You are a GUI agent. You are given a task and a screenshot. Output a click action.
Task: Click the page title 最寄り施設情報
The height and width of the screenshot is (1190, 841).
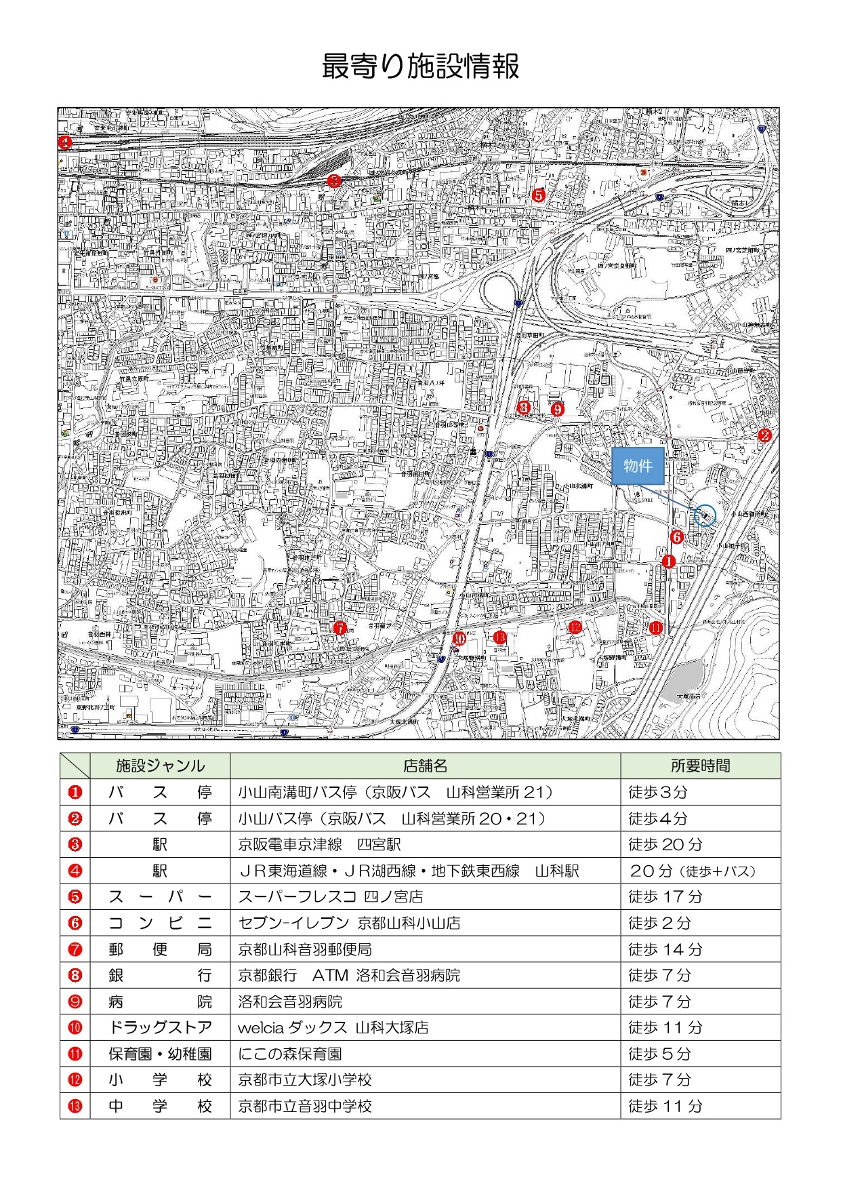[420, 66]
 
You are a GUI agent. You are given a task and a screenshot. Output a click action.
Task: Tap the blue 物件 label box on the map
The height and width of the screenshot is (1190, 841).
[637, 466]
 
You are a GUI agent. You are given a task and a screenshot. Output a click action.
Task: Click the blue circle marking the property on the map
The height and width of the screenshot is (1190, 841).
[705, 516]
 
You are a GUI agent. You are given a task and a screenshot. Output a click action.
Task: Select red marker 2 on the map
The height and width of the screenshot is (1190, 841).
[764, 435]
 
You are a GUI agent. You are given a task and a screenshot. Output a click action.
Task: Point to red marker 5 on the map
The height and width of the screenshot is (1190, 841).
[538, 195]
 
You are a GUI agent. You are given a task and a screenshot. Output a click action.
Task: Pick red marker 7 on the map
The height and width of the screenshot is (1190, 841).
[340, 628]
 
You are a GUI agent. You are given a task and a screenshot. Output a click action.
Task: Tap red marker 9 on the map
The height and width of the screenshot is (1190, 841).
[557, 409]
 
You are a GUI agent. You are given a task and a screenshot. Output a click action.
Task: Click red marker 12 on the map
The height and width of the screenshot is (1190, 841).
[575, 627]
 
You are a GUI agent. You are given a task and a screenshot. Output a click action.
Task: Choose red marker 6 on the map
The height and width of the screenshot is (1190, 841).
[676, 537]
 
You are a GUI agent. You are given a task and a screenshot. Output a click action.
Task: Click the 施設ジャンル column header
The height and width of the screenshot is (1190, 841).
[160, 766]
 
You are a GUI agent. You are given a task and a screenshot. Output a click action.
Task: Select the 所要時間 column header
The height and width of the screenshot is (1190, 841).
[700, 766]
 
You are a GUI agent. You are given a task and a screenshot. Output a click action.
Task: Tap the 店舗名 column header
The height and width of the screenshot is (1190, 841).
[425, 766]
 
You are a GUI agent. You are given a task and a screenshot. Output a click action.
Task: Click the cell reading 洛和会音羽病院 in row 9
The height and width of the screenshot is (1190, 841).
[290, 1001]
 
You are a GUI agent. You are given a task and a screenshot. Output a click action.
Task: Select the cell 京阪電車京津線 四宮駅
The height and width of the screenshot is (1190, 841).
[319, 844]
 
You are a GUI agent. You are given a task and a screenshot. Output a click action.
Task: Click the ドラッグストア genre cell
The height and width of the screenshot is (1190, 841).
[160, 1027]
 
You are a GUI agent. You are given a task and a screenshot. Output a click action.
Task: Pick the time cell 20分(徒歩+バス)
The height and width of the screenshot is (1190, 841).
[692, 871]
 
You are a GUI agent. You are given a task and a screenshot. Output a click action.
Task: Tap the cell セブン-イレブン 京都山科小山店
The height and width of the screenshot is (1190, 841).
[349, 923]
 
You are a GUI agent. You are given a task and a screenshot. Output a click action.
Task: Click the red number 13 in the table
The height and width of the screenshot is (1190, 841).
[75, 1106]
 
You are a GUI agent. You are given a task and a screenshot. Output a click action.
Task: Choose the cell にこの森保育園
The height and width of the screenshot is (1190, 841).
[289, 1054]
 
